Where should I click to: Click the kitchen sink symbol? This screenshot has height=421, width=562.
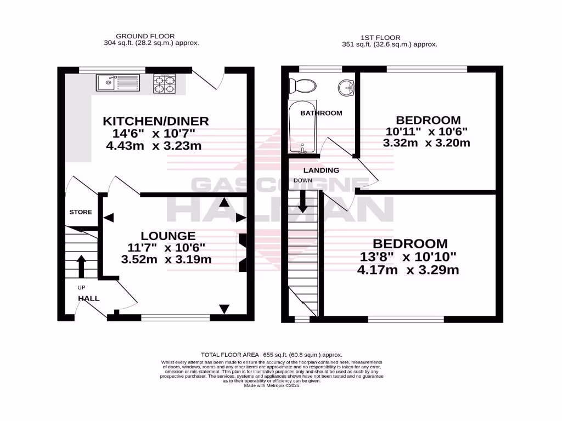[119, 83]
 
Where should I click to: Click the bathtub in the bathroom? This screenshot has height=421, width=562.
[302, 127]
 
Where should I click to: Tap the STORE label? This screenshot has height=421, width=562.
[81, 212]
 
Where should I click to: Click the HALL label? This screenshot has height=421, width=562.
[88, 298]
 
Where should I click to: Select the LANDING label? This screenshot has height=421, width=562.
[321, 170]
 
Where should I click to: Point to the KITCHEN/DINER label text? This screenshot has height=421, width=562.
[157, 121]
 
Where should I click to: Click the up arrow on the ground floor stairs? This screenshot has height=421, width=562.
[81, 266]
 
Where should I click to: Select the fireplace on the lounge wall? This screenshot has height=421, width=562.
[241, 253]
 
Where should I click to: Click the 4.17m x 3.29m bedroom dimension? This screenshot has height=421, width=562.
[408, 270]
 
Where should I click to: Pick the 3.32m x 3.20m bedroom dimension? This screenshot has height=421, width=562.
[426, 144]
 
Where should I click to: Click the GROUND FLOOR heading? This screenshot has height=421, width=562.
[137, 36]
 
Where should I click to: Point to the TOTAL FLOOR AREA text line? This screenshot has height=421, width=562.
[272, 355]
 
